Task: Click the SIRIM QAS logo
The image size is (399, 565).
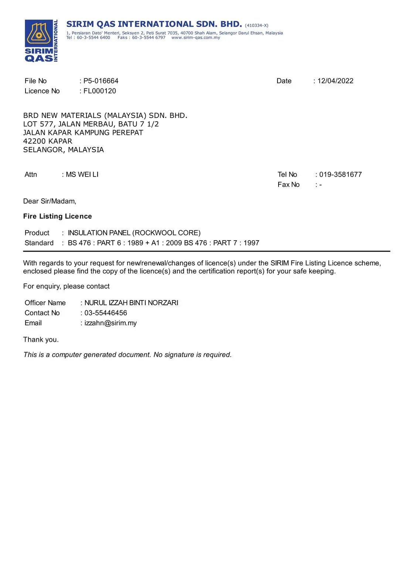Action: pyautogui.click(x=41, y=41)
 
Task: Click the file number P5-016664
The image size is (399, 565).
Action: pyautogui.click(x=101, y=81)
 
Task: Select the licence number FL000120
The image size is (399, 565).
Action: pyautogui.click(x=100, y=91)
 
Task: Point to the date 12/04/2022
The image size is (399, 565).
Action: pyautogui.click(x=335, y=81)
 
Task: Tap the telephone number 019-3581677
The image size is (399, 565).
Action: pyautogui.click(x=340, y=174)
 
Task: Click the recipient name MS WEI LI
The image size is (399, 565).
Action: pyautogui.click(x=82, y=174)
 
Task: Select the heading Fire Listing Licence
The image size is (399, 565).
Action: pyautogui.click(x=57, y=217)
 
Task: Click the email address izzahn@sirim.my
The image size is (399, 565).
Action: pyautogui.click(x=110, y=323)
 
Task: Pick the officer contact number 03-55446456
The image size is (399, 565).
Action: pyautogui.click(x=106, y=313)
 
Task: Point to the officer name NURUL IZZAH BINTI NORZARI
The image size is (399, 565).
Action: pyautogui.click(x=131, y=303)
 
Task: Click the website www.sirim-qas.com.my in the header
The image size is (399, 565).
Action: pyautogui.click(x=195, y=38)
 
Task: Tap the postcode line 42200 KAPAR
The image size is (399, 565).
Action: pyautogui.click(x=48, y=141)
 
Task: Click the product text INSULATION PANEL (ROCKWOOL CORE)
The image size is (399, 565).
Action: pyautogui.click(x=134, y=233)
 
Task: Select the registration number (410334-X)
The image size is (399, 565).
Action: pyautogui.click(x=256, y=25)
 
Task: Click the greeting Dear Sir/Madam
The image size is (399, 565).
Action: pyautogui.click(x=50, y=201)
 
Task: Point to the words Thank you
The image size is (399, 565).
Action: pyautogui.click(x=41, y=340)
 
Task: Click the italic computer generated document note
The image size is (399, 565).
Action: pyautogui.click(x=127, y=355)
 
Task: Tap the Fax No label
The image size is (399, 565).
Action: pyautogui.click(x=289, y=184)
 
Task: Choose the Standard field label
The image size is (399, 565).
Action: pyautogui.click(x=39, y=243)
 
